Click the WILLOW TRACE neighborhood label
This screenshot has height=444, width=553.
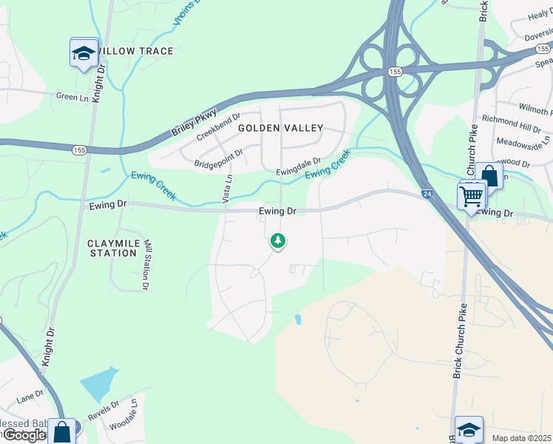click(x=136, y=51)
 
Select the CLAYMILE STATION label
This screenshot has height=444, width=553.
click(x=112, y=248)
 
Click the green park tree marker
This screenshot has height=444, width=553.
click(x=277, y=240)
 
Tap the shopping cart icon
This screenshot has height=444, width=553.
click(x=471, y=197)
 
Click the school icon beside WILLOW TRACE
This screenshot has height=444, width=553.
click(x=84, y=53)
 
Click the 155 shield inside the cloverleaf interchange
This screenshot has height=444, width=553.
click(x=393, y=72)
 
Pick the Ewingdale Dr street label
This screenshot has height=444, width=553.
click(x=299, y=166)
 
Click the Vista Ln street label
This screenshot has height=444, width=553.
click(x=228, y=189)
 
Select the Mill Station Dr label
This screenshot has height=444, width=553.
click(x=147, y=264)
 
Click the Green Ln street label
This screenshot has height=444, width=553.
click(x=72, y=96)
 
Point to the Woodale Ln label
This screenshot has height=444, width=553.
click(x=123, y=416)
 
